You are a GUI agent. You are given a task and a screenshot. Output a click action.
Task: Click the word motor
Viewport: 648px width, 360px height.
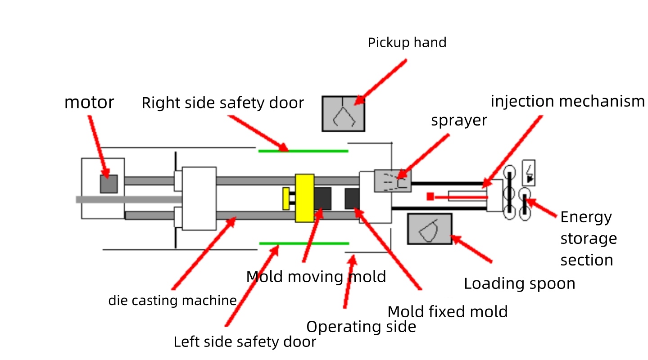(89, 103)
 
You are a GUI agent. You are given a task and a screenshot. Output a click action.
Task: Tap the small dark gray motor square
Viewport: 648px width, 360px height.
(109, 184)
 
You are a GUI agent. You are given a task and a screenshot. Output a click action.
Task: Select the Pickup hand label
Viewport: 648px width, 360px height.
(407, 43)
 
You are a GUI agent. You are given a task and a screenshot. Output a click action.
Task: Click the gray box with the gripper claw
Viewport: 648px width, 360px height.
(343, 114)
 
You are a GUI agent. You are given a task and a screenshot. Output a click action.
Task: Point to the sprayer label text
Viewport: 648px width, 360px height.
(459, 121)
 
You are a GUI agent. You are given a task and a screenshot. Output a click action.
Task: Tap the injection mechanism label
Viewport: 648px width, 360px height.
(567, 102)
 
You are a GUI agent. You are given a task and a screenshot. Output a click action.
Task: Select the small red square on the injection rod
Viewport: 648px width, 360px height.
(430, 196)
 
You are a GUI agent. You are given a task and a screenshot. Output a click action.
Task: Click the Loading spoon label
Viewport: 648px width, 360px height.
(520, 284)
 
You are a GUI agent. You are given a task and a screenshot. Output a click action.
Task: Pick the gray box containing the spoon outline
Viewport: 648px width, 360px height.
(430, 229)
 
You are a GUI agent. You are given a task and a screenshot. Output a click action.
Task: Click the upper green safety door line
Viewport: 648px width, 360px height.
(303, 151)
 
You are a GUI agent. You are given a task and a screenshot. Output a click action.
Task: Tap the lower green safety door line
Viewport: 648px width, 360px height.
(304, 243)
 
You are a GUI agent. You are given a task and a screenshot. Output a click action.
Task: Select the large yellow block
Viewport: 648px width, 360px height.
(304, 198)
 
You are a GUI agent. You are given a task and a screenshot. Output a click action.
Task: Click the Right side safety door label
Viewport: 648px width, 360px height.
(223, 103)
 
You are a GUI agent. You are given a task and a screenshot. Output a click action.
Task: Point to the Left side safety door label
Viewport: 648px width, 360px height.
(245, 342)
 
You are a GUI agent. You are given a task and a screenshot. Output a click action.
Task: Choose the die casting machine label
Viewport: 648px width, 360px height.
(172, 301)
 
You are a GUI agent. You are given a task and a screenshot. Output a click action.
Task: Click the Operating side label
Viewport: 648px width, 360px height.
(361, 327)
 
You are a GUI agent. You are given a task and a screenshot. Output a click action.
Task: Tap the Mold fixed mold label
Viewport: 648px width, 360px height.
(448, 312)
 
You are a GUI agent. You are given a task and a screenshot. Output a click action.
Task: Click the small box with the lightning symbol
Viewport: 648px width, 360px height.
(529, 172)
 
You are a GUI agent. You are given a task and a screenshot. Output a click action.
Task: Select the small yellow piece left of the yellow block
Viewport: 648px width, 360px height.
(286, 198)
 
